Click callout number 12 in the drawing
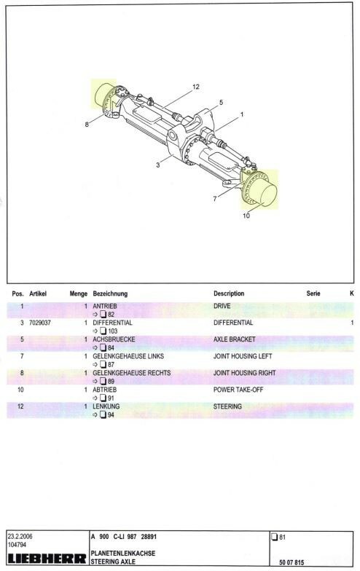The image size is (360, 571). point(195,87)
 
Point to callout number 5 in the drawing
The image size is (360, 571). point(221,102)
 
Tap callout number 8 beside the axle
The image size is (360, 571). point(87,124)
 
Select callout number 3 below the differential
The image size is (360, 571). point(157,165)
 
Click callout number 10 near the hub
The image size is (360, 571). point(246,216)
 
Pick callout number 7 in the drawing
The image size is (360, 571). point(215,198)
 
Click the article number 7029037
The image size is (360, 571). point(39,323)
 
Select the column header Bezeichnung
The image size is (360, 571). point(110,294)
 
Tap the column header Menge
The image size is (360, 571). point(79,294)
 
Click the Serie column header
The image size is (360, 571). point(313,293)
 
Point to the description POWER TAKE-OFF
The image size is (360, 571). point(238,390)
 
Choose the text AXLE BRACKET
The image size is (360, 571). point(235,339)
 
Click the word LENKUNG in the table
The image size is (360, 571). point(106,406)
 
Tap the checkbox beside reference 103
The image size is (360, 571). point(103,331)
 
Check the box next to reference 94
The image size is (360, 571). point(103,415)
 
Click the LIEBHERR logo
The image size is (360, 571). point(47,559)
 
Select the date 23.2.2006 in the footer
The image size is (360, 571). point(20,536)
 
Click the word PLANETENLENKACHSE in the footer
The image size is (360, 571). point(122,554)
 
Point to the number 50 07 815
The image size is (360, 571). point(291,562)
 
